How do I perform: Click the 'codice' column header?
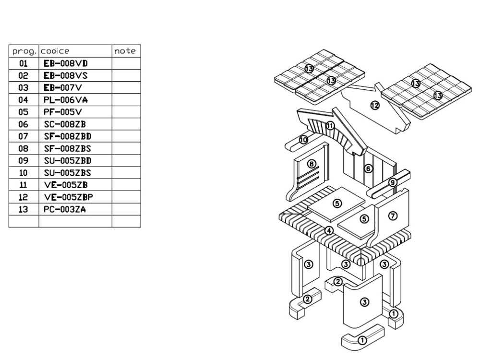coord(55,51)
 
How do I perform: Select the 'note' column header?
coord(125,51)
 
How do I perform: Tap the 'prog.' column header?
coord(24,51)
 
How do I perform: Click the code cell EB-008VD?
coord(66,63)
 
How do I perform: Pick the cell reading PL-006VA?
coord(66,100)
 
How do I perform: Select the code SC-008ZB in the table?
coord(65,124)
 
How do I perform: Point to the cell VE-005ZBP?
coord(68,197)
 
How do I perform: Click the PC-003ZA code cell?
coord(65,209)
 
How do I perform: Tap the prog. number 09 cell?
coord(24,161)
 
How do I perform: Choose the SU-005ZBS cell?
coord(67,173)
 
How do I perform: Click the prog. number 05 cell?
coord(24,112)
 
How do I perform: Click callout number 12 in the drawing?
coord(375,105)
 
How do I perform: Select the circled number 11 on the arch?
coord(330,126)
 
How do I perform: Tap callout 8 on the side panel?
coord(312,164)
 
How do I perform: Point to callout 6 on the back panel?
coord(368,168)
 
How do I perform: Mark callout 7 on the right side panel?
coord(393,216)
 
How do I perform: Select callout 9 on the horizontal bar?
coord(393,182)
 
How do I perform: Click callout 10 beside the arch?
coord(303,140)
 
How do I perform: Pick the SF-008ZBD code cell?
coord(67,136)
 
